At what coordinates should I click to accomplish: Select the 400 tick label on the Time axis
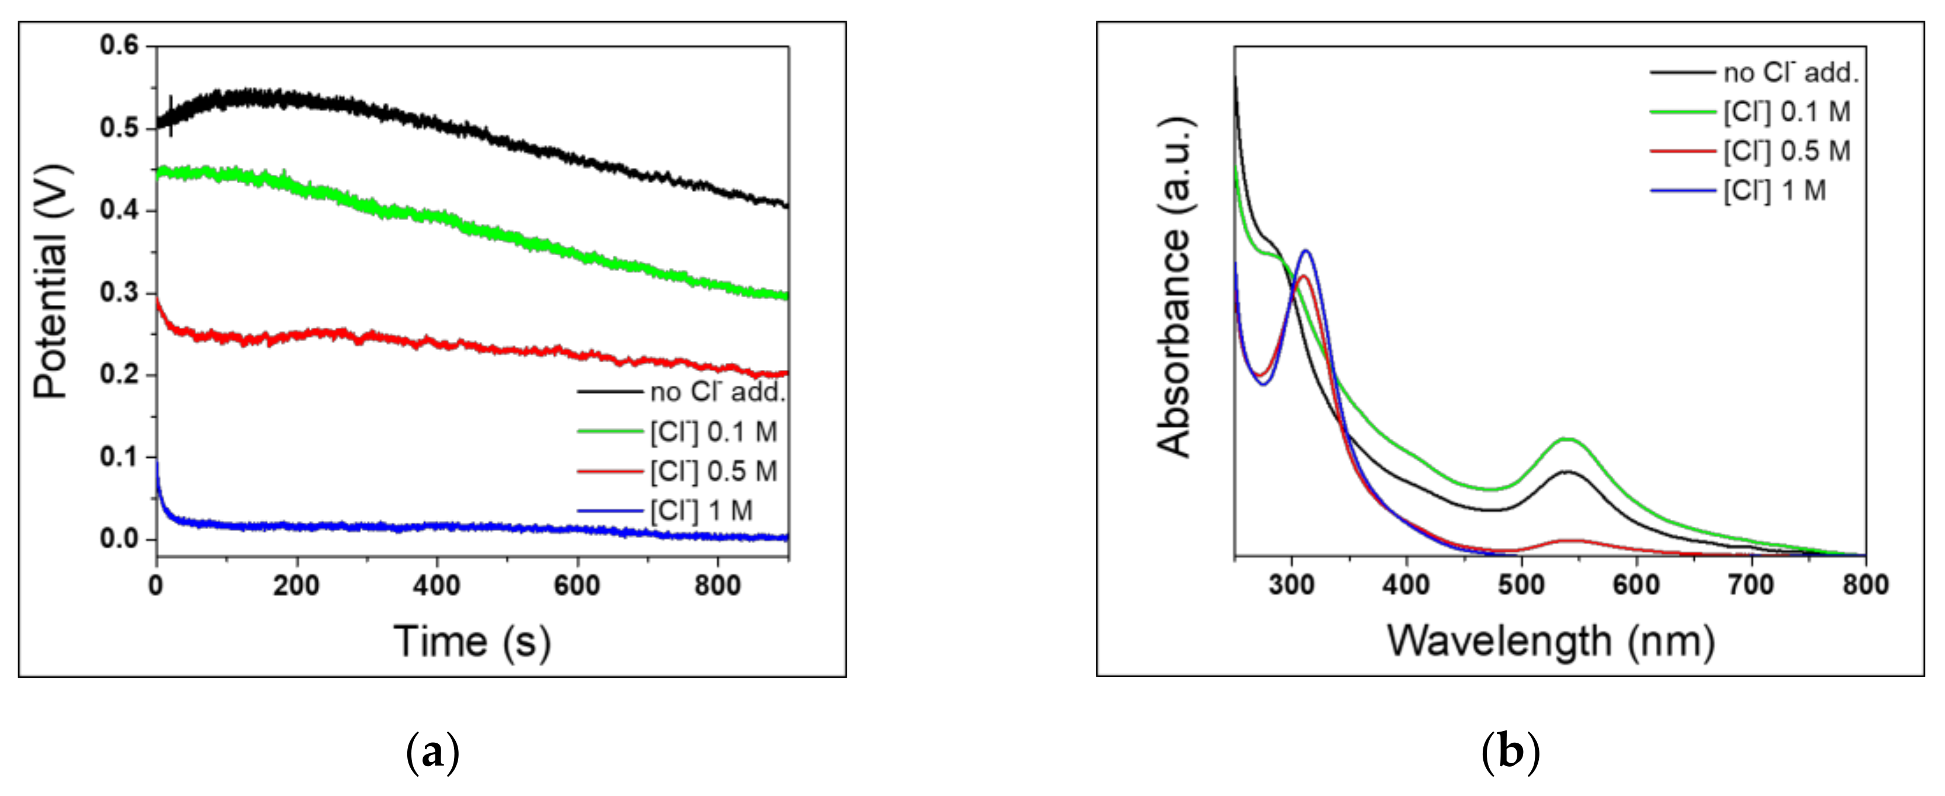pos(437,586)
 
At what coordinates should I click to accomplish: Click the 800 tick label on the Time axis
pos(717,586)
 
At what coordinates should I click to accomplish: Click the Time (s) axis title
pos(472,642)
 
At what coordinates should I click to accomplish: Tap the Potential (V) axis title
pos(51,281)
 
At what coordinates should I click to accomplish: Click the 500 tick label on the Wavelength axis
pos(1521,585)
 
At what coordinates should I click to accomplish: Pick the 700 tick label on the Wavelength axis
pos(1751,585)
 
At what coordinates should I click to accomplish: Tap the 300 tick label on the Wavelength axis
pos(1291,585)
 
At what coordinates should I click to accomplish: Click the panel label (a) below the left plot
pos(432,752)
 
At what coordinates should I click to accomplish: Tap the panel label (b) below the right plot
pos(1510,752)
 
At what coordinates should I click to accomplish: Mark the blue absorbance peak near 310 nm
pos(1305,251)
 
